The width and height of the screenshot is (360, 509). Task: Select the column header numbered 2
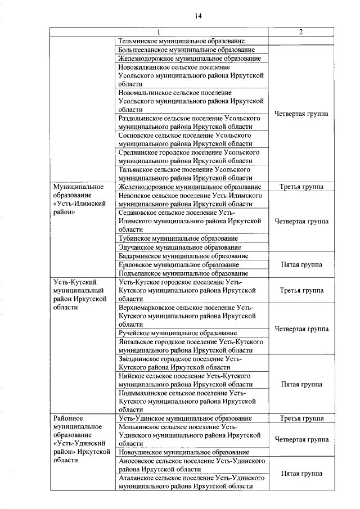(301, 32)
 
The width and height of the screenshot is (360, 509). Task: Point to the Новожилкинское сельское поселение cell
(191, 75)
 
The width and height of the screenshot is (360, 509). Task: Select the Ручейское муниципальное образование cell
(178, 333)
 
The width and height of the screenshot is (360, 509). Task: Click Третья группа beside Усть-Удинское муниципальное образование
(301, 418)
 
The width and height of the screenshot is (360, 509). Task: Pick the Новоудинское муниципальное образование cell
(184, 452)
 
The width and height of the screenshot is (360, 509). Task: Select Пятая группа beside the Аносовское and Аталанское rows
(301, 474)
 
